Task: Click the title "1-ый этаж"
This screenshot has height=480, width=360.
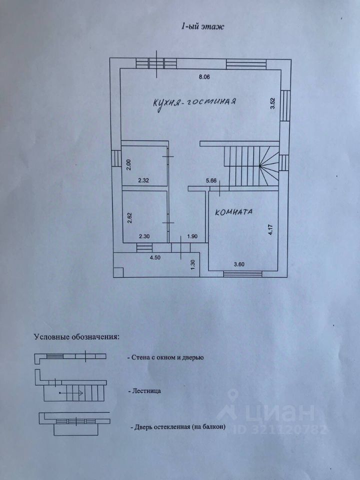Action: (x=201, y=27)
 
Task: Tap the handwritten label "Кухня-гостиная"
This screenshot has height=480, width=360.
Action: (x=194, y=102)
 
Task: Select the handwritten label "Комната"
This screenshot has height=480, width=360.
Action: (x=234, y=212)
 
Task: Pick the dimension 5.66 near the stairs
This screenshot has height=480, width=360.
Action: (x=210, y=181)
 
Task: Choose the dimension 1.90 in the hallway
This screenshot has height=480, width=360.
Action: (x=192, y=236)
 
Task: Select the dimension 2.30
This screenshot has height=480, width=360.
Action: (x=144, y=236)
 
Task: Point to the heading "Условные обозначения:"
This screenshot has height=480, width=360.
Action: (x=76, y=336)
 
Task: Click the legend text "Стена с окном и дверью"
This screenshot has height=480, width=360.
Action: (x=169, y=357)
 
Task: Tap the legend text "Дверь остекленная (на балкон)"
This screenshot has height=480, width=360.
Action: (x=177, y=427)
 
